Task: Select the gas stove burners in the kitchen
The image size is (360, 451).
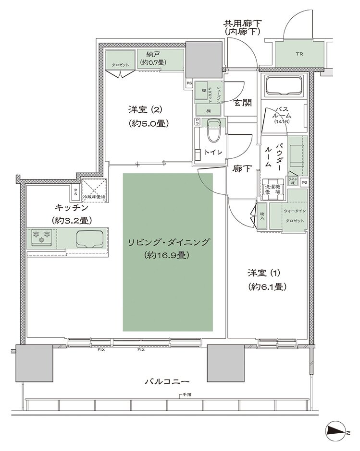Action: point(41,237)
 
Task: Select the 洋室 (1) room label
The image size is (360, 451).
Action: point(267,279)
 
